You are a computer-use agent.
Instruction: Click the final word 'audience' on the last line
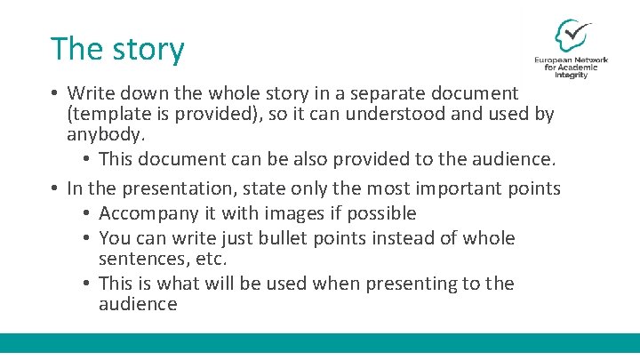138,305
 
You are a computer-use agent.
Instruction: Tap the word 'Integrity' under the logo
572,76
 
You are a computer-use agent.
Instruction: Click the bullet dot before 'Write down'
55,92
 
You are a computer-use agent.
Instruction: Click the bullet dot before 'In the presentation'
55,188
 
